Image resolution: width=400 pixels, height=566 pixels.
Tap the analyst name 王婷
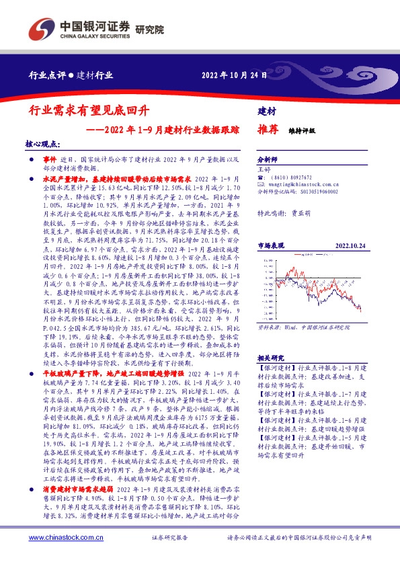[x=264, y=171]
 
